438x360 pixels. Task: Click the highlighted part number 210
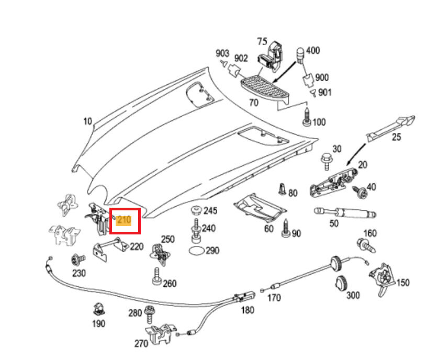coord(124,220)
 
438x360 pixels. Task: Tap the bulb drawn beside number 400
coord(300,55)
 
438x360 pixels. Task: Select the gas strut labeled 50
coord(345,213)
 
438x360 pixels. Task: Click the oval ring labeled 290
coord(197,251)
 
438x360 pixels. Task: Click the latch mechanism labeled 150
coord(382,278)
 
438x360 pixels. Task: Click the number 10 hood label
coord(88,121)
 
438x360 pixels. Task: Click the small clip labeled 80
coord(283,189)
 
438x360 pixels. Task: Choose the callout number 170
coord(274,298)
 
